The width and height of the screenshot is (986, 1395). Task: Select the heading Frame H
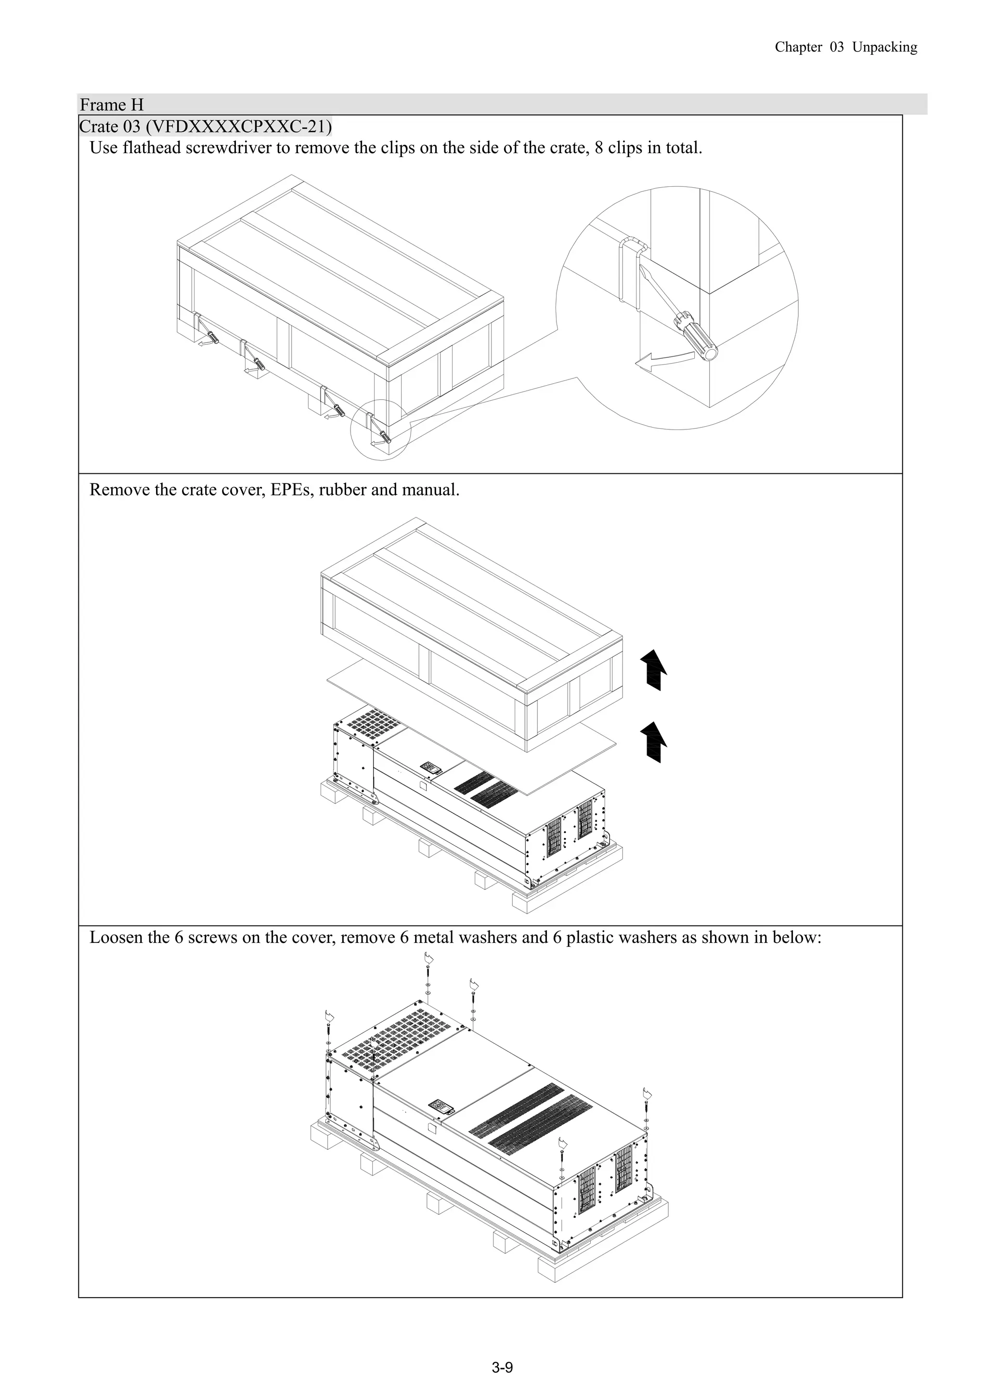coord(112,105)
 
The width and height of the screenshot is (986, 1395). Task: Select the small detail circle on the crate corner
coord(381,430)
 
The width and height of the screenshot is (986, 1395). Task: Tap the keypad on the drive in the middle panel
coord(431,768)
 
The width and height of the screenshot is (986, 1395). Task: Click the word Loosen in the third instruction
coord(116,938)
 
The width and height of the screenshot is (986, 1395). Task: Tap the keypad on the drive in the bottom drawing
coord(441,1106)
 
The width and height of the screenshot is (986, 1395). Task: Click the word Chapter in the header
coord(798,47)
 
